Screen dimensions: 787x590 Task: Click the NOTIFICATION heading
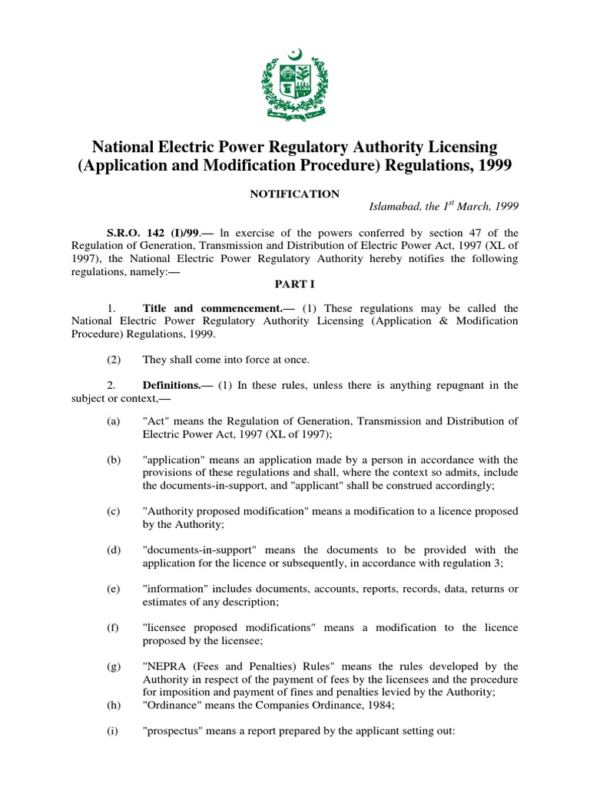[x=294, y=194]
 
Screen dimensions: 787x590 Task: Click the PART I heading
[x=295, y=284]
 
